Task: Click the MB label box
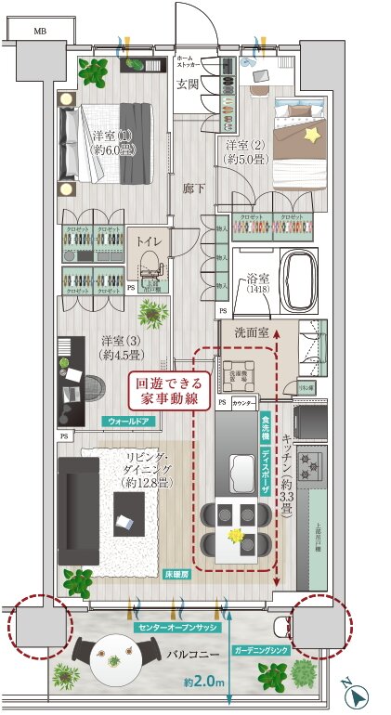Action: click(x=39, y=31)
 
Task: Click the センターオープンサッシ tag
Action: click(x=176, y=629)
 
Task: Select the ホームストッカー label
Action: click(x=192, y=62)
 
